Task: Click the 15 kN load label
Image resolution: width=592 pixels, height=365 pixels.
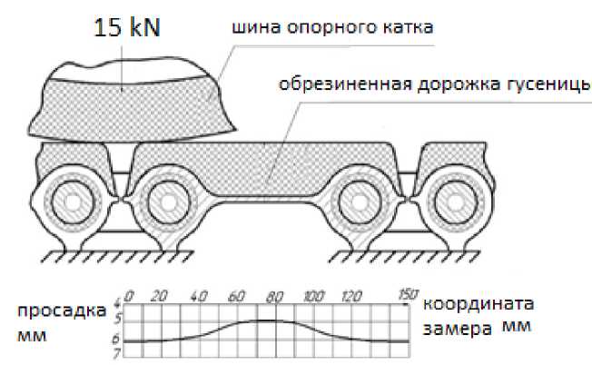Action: [127, 26]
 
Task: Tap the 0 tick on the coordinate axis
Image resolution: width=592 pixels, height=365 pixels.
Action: [129, 295]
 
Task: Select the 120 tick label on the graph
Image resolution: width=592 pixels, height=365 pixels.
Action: [350, 296]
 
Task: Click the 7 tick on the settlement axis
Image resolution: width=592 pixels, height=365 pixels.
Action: [117, 350]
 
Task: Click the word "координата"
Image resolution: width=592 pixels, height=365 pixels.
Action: [479, 304]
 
